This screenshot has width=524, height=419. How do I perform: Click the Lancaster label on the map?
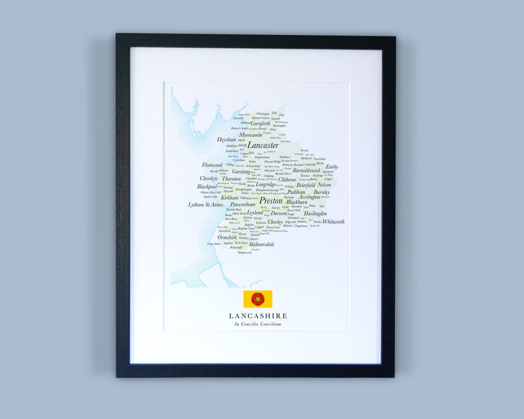click(x=263, y=145)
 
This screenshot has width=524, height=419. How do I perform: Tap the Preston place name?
click(x=271, y=201)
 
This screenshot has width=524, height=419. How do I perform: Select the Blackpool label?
click(x=207, y=187)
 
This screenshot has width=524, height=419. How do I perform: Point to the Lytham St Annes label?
click(x=205, y=205)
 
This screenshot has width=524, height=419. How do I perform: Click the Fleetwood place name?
click(x=212, y=164)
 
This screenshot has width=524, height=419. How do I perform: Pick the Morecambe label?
click(x=251, y=135)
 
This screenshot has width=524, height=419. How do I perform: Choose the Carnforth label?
click(x=260, y=123)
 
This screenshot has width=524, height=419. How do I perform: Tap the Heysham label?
click(x=226, y=140)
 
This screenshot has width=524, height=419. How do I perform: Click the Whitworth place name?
click(x=333, y=222)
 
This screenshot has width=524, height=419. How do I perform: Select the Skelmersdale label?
click(x=261, y=244)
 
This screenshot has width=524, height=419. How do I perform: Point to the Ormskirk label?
click(x=227, y=238)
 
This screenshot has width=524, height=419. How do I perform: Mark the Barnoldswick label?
click(x=307, y=171)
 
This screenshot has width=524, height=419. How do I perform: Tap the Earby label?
click(x=331, y=167)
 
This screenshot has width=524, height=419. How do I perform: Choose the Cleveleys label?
click(x=209, y=178)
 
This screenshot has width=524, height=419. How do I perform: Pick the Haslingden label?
click(x=315, y=214)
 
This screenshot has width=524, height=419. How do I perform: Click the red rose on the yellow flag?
click(x=257, y=299)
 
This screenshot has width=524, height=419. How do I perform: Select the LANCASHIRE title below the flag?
click(x=258, y=316)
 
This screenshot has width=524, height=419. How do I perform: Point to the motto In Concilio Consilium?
click(x=257, y=325)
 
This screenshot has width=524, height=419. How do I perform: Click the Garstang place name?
click(x=241, y=172)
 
